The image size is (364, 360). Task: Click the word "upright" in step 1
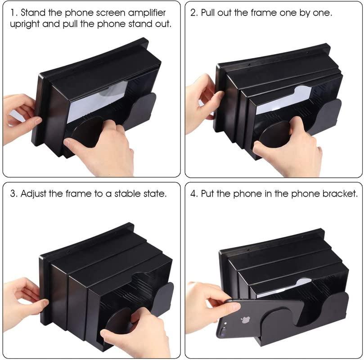pyautogui.click(x=25, y=24)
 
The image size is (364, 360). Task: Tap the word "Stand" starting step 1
pyautogui.click(x=33, y=13)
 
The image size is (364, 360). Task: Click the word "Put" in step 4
pyautogui.click(x=209, y=194)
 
